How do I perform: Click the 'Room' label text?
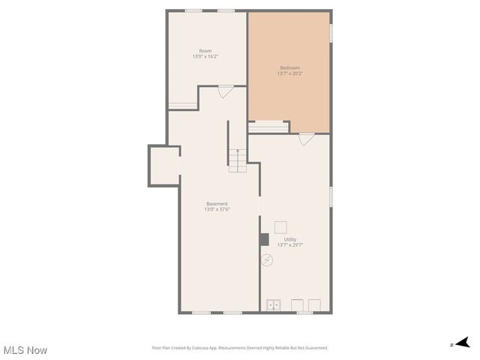click(205, 51)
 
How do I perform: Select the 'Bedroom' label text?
click(289, 67)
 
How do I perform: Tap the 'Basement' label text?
click(217, 203)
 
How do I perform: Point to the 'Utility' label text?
click(289, 239)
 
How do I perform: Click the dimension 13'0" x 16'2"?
click(205, 57)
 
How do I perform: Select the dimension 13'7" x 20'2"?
click(289, 73)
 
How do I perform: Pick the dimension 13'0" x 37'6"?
click(217, 209)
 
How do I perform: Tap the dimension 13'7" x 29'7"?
click(289, 244)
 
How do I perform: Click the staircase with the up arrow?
click(238, 160)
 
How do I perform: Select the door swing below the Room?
click(226, 91)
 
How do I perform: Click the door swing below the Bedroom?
click(306, 139)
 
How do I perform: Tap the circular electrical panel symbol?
click(267, 260)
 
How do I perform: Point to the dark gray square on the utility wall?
click(264, 239)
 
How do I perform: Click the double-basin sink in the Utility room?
click(274, 304)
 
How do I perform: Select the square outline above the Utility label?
click(280, 227)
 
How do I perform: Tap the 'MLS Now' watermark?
click(25, 350)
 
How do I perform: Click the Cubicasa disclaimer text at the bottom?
click(240, 348)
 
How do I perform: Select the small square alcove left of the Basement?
click(164, 165)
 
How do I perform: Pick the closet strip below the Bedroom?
click(268, 127)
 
